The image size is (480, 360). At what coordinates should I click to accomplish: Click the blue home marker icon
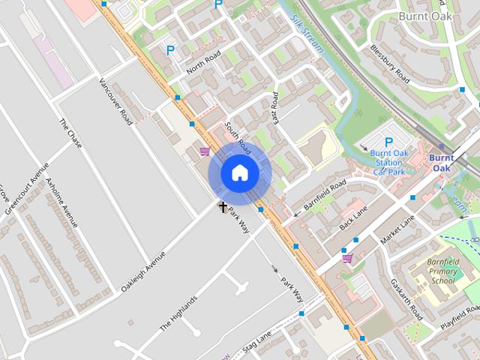click(239, 173)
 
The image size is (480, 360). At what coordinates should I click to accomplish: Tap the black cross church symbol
click(223, 206)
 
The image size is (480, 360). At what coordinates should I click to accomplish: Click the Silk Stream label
click(307, 34)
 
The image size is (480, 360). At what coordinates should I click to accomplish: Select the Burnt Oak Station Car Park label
click(389, 162)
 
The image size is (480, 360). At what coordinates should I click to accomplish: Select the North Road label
click(204, 64)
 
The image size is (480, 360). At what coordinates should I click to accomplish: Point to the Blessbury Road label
click(390, 63)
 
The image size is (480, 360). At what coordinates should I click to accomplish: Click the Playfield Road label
click(460, 316)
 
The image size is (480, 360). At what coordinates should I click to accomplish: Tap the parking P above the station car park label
click(388, 142)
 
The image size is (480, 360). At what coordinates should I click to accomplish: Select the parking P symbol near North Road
click(170, 51)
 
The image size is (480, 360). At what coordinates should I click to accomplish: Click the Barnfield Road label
click(325, 193)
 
